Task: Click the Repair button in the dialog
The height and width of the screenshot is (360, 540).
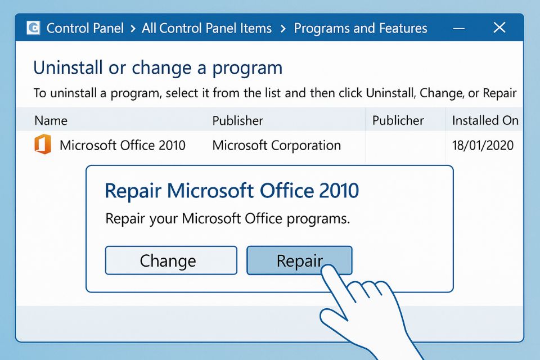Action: [x=299, y=260]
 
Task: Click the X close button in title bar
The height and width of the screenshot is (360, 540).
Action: [x=499, y=28]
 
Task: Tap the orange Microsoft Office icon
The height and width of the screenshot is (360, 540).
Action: [x=42, y=145]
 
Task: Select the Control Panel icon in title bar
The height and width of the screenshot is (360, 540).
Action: [x=34, y=28]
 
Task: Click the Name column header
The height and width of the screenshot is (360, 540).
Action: [x=51, y=120]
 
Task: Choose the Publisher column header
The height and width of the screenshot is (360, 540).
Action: [x=237, y=120]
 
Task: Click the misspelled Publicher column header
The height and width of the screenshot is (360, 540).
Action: [x=398, y=120]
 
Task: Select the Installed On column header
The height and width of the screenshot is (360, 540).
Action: [x=485, y=120]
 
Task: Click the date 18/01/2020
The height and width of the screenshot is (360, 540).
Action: [x=483, y=145]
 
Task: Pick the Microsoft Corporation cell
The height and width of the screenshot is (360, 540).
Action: [x=276, y=145]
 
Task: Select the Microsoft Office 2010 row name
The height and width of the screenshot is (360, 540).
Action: [x=122, y=145]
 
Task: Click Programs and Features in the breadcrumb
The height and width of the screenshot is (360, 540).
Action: [x=361, y=28]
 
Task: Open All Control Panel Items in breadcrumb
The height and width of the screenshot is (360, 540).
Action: [x=206, y=28]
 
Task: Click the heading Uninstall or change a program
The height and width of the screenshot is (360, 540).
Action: [x=157, y=68]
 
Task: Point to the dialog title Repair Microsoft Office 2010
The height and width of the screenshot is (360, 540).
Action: [x=232, y=191]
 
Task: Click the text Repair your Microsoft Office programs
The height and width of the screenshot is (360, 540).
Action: [x=228, y=218]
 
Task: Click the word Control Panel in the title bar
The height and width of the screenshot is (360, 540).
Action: [x=85, y=28]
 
